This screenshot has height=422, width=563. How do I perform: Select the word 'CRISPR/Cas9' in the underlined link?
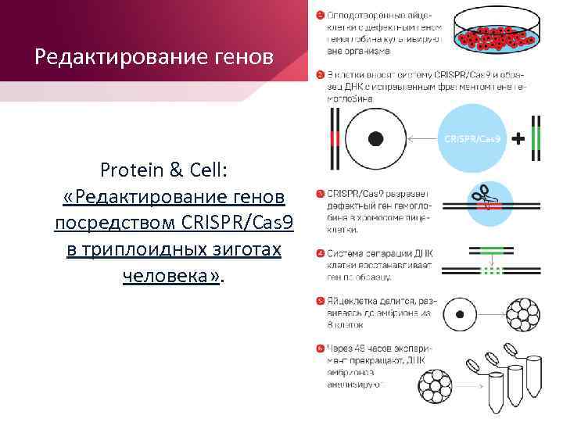point(235,223)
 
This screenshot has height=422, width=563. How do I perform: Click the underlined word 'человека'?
point(170,276)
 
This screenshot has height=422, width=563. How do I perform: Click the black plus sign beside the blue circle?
point(518,138)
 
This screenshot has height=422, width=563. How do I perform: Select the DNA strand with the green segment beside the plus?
point(537,138)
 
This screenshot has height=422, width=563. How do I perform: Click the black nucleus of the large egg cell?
point(375,138)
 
